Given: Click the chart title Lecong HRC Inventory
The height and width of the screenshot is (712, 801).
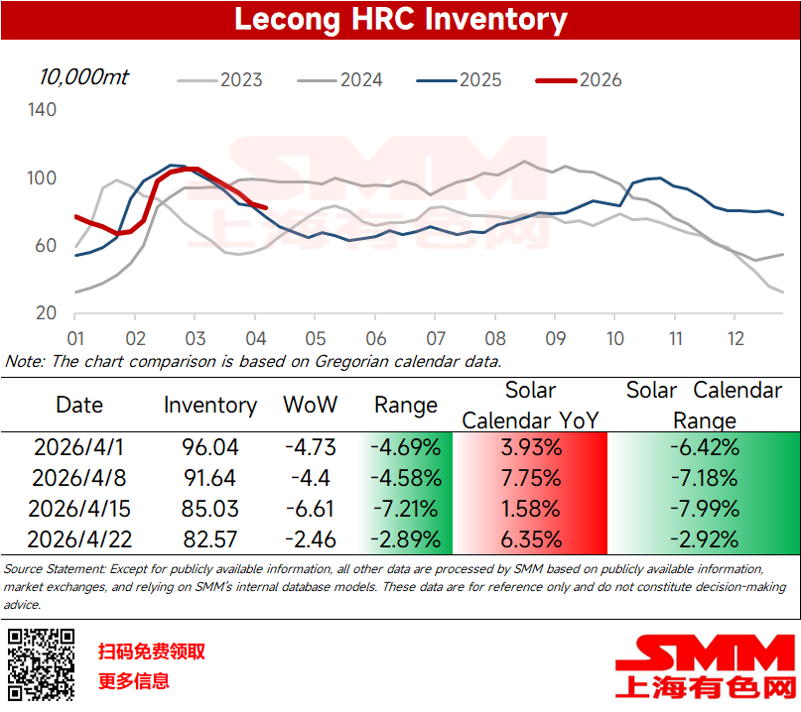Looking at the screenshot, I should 400,20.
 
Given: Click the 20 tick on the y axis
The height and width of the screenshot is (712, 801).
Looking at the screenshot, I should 47,313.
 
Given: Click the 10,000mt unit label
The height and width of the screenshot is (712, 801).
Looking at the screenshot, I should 83,76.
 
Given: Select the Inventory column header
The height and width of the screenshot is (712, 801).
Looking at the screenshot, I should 209,405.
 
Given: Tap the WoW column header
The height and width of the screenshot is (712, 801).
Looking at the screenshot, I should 310,405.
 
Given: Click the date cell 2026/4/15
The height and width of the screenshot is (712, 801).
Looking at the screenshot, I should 79,510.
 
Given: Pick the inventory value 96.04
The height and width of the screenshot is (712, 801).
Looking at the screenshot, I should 209,447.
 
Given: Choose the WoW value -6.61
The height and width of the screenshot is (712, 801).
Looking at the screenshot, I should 310,510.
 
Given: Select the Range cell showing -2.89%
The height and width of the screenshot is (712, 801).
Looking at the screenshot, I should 406,540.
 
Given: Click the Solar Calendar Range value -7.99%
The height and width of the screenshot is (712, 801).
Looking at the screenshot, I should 704,510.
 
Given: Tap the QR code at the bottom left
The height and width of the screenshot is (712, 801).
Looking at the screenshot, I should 42,663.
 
